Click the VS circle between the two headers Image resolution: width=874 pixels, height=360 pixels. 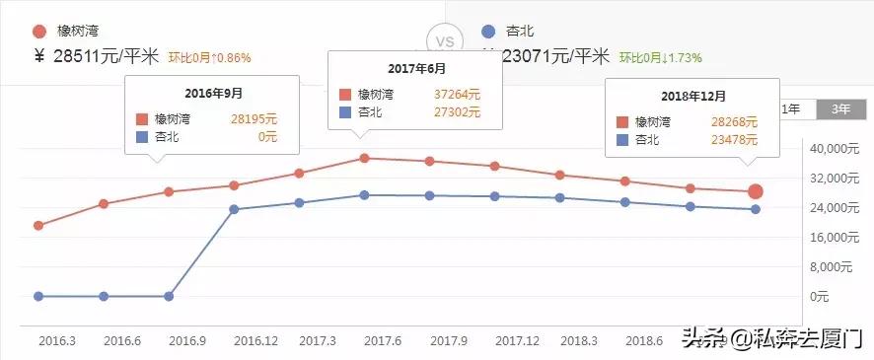[x=445, y=42]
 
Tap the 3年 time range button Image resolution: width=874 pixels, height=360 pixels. [x=841, y=109]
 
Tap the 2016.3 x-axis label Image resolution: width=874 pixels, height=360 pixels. [x=57, y=340]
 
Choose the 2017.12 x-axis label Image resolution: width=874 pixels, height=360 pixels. [x=517, y=340]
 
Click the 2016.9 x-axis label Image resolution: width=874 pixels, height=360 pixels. [x=186, y=340]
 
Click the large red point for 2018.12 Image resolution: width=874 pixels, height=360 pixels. [x=756, y=191]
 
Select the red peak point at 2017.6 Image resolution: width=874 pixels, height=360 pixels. [x=364, y=158]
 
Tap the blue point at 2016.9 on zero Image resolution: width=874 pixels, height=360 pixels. [x=169, y=296]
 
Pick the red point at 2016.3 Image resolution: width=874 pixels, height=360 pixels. [x=38, y=226]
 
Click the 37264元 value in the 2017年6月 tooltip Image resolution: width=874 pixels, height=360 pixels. [x=457, y=95]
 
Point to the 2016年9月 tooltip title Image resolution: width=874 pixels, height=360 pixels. [x=214, y=94]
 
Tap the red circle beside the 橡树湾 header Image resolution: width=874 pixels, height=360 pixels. [x=38, y=32]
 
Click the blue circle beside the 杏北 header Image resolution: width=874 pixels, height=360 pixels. [x=488, y=32]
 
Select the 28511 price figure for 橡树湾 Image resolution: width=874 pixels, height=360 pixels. [x=78, y=57]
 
